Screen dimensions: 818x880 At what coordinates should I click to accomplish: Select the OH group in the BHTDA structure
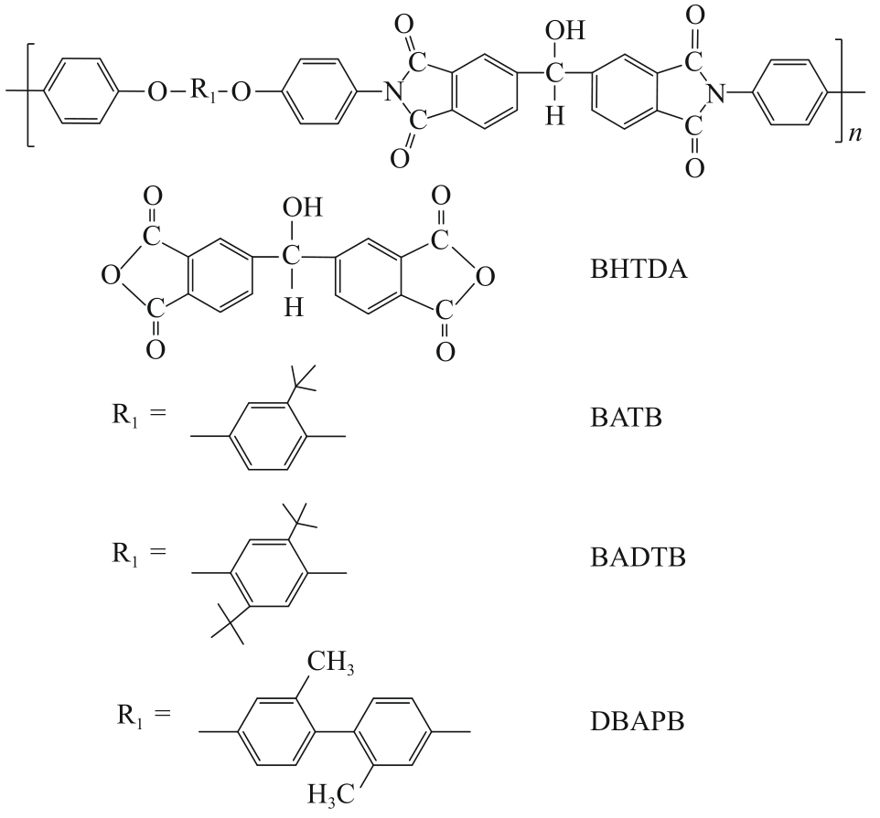click(303, 208)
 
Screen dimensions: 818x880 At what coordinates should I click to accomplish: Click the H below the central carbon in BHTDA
click(293, 308)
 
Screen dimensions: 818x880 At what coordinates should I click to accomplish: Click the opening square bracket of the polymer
click(27, 92)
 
